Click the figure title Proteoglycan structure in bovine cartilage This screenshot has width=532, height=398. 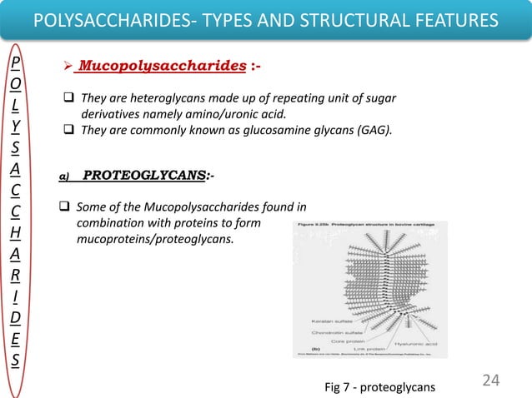371,226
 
